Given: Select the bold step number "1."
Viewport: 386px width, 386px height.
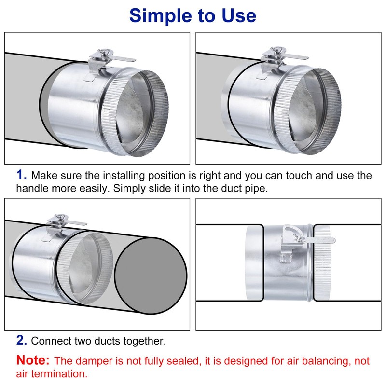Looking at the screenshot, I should pos(22,175).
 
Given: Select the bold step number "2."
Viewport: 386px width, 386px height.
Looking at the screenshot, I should pos(22,341).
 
